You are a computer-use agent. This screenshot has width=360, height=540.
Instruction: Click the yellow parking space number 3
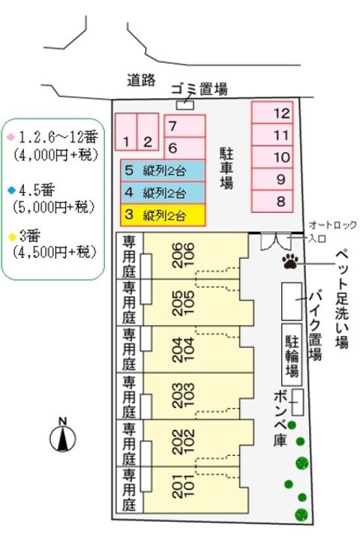[x=163, y=215]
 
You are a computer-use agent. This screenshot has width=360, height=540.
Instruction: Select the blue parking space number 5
[x=163, y=169]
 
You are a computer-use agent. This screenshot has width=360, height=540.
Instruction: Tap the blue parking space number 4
[x=163, y=192]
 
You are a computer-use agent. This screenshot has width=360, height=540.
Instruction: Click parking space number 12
[x=272, y=112]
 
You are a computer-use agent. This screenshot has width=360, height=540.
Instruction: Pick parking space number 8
[x=272, y=200]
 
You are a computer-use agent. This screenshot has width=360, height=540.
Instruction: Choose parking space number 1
[x=127, y=132]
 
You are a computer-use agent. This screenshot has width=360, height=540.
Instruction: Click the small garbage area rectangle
[x=184, y=104]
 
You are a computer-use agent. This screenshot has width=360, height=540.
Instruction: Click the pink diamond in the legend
[x=11, y=138]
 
